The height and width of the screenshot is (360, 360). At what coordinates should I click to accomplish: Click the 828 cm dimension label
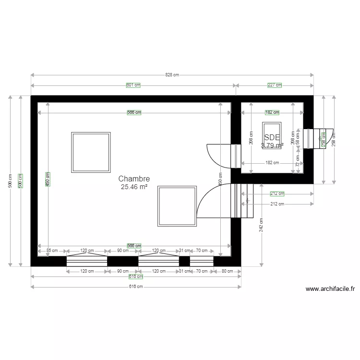(172, 75)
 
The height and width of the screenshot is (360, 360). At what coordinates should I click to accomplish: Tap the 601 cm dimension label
(133, 85)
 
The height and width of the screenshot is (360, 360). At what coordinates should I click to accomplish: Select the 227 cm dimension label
(275, 85)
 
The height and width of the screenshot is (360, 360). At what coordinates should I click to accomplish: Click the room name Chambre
(134, 179)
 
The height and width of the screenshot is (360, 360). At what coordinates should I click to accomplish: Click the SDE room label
(272, 137)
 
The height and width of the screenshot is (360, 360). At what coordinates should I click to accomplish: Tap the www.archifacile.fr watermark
(330, 289)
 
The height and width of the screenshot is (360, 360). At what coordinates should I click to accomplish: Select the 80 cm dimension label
(227, 271)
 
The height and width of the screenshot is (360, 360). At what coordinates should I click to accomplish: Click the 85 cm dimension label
(52, 251)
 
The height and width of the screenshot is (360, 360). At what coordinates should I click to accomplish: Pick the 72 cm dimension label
(298, 164)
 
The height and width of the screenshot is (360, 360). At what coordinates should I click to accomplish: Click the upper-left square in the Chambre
(91, 152)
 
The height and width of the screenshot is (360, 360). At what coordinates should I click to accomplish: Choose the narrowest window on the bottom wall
(202, 261)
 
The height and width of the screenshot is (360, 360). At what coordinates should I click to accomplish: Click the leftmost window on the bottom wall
(86, 261)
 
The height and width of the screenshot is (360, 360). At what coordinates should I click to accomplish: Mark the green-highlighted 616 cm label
(136, 276)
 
